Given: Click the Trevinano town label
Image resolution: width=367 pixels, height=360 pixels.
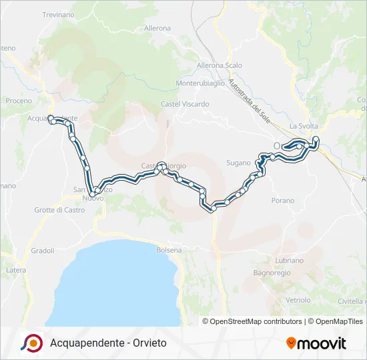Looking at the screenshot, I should pyautogui.click(x=59, y=15).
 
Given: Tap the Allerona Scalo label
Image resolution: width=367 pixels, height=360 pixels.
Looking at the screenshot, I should pyautogui.click(x=219, y=65).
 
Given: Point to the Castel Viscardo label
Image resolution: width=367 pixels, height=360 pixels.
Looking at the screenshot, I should pyautogui.click(x=185, y=104).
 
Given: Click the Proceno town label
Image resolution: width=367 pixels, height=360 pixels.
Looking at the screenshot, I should pyautogui.click(x=19, y=101).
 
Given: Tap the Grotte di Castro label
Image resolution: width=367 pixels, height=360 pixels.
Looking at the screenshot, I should pyautogui.click(x=60, y=210).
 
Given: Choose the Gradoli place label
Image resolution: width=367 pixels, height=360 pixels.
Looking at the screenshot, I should pyautogui.click(x=43, y=251).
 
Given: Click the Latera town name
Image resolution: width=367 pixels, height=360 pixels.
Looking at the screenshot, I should pyautogui.click(x=16, y=270).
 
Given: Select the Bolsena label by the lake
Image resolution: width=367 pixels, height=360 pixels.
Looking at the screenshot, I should pyautogui.click(x=168, y=250).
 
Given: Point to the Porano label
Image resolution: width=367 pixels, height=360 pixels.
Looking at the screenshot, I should pyautogui.click(x=282, y=200).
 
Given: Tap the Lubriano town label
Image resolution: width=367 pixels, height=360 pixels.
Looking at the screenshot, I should pyautogui.click(x=288, y=261).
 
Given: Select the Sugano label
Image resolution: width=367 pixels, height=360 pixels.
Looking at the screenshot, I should pyautogui.click(x=238, y=163).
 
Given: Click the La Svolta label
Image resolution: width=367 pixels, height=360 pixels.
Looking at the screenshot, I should pyautogui.click(x=304, y=126).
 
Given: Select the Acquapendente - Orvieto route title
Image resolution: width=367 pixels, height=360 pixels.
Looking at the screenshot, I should pyautogui.click(x=108, y=343).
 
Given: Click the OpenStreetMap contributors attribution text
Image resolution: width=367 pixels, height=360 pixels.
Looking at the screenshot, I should pyautogui.click(x=254, y=321).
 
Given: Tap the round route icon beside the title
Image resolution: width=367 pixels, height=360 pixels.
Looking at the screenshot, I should pyautogui.click(x=31, y=343).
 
